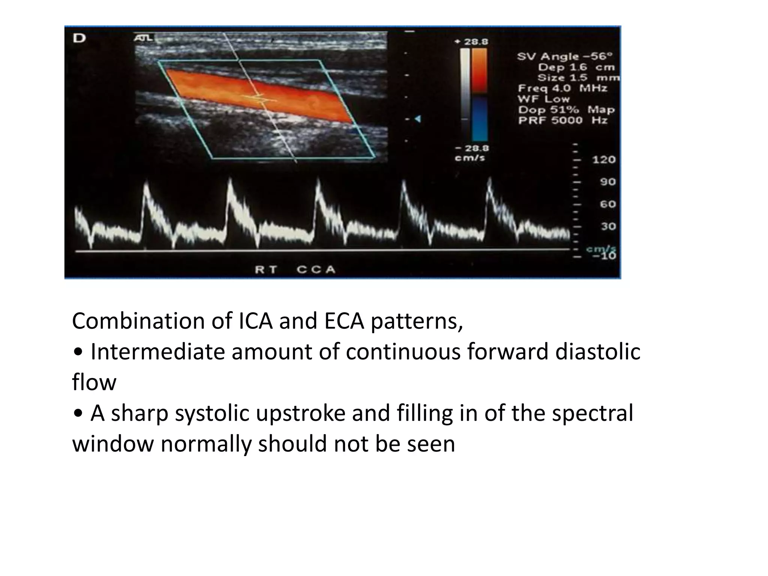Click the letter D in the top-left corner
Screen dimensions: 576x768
click(79, 38)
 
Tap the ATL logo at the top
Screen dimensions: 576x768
click(143, 37)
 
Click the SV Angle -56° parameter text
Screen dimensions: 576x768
click(565, 57)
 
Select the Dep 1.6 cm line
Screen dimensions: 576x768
click(577, 67)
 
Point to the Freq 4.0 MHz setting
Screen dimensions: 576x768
click(562, 88)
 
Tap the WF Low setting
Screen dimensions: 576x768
click(544, 99)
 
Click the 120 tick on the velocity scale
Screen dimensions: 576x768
click(604, 160)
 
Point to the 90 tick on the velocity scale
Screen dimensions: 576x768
click(607, 182)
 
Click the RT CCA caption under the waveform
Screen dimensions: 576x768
click(295, 270)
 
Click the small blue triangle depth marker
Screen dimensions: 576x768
click(417, 119)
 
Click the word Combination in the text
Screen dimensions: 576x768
click(139, 321)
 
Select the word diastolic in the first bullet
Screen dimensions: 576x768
click(598, 352)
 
